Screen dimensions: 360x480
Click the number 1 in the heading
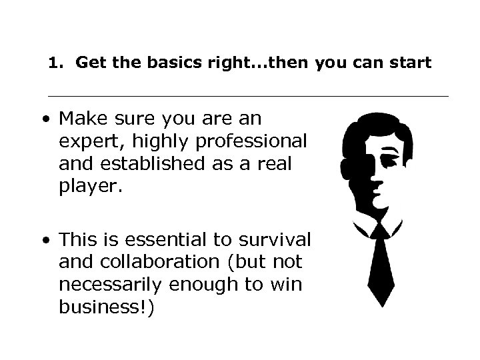pyautogui.click(x=55, y=64)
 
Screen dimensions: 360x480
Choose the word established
pyautogui.click(x=138, y=164)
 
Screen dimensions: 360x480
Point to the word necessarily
pyautogui.click(x=111, y=286)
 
